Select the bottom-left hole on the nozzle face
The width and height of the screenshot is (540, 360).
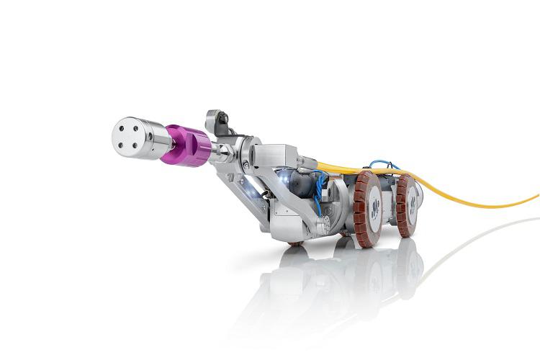coord(123,143)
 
